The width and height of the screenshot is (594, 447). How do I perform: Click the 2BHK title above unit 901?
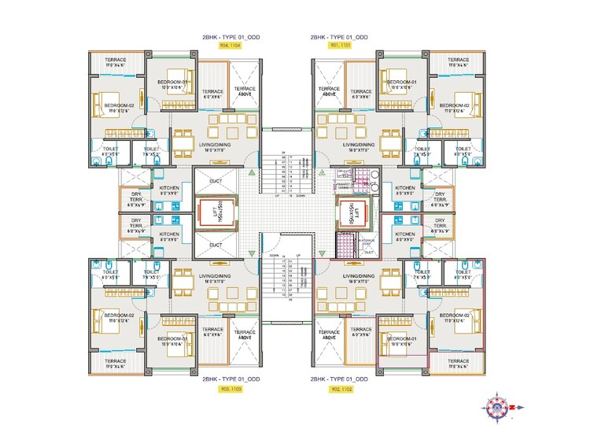point(338,37)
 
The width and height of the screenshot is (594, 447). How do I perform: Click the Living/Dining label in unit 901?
point(358,147)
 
